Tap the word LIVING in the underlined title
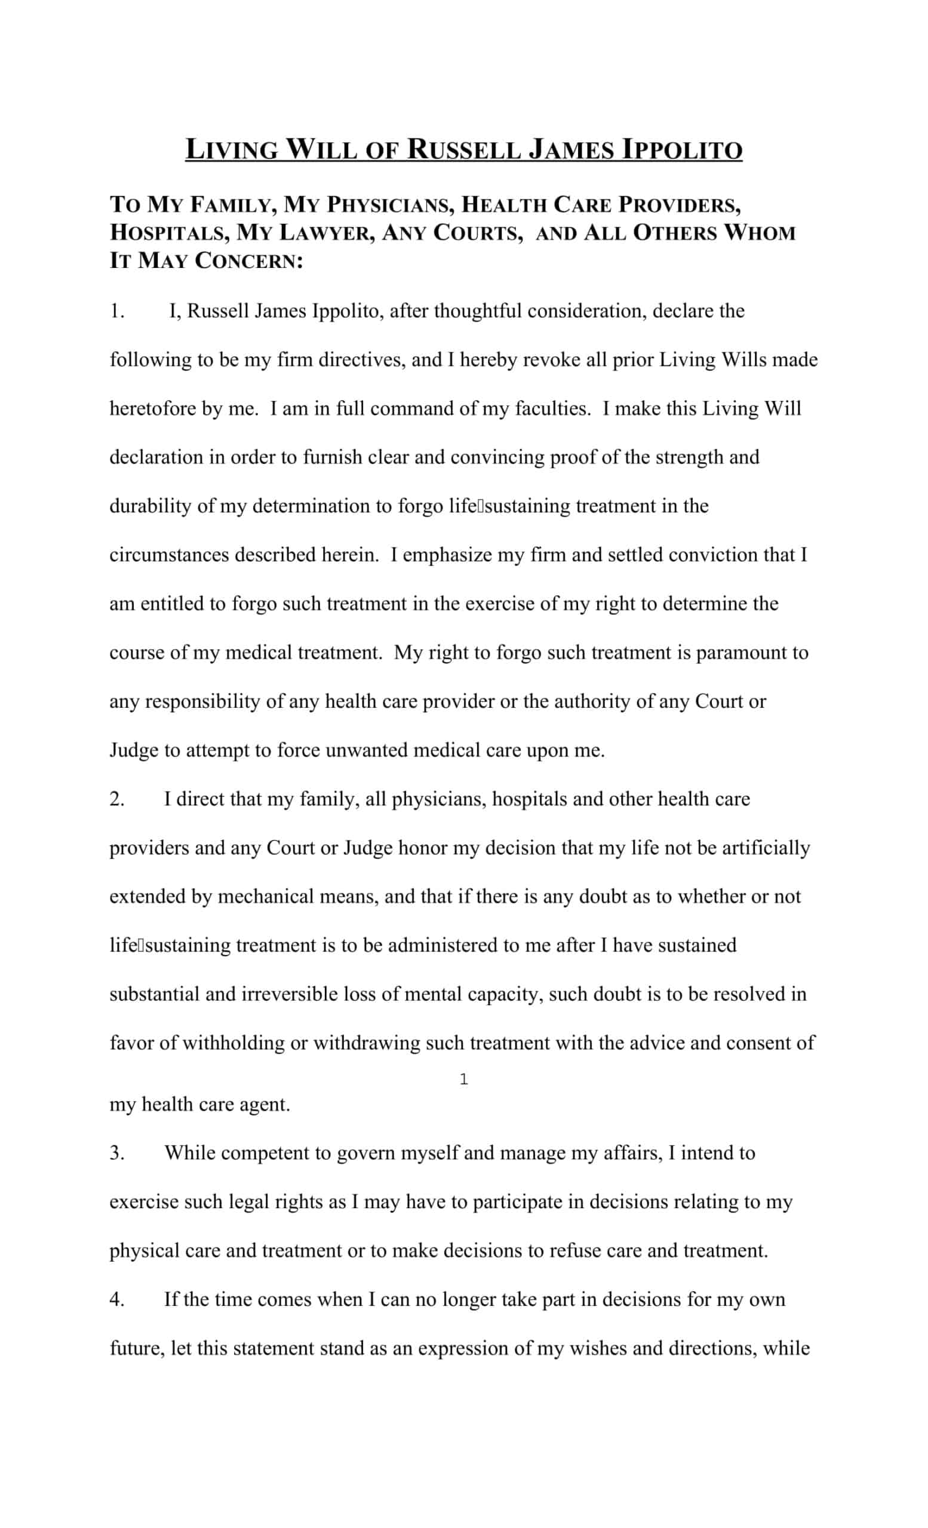pos(231,150)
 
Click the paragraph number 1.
pos(117,311)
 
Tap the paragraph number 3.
pos(117,1153)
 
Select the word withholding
pos(233,1043)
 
